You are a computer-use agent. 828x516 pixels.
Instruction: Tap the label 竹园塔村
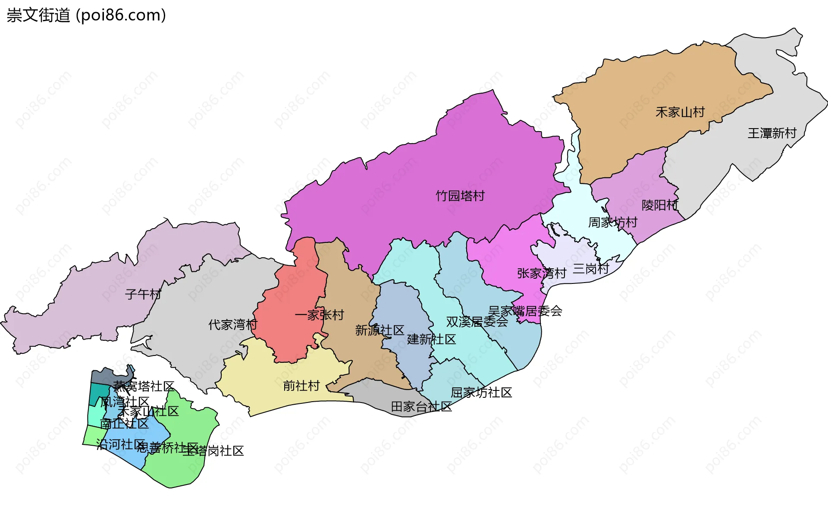coord(460,196)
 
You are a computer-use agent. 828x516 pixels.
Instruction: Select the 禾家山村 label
coord(680,112)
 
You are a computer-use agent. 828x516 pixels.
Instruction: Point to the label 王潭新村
coord(772,133)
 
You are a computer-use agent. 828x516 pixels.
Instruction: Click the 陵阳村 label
coord(659,205)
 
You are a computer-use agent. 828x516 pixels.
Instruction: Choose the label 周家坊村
coord(612,223)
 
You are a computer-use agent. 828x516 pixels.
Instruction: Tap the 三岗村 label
coord(590,269)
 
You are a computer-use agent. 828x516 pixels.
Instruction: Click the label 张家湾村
coord(541,273)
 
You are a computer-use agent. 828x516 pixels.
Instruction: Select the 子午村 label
coord(143,294)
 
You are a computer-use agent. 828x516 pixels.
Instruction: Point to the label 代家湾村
coord(232,324)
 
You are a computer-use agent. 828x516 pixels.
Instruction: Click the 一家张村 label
coord(319,315)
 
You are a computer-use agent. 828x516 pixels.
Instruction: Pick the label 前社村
coord(301,386)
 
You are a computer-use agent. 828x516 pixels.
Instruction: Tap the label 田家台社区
coord(421,406)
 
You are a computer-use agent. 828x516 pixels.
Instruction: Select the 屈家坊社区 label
coord(481,393)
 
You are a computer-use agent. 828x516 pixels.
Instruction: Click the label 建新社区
coord(431,339)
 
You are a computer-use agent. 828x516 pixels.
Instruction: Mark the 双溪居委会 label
coord(477,322)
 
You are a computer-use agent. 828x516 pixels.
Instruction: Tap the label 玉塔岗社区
coord(213,451)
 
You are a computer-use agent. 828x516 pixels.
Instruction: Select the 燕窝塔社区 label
coord(144,386)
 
